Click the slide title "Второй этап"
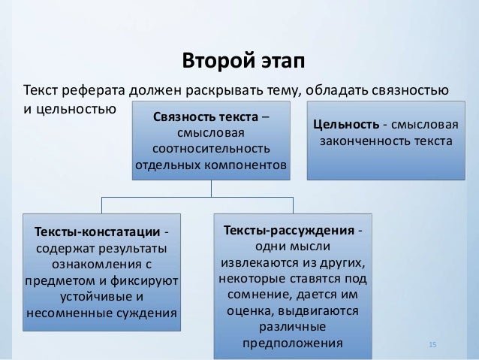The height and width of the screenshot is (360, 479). point(239,59)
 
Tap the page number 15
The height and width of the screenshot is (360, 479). point(432,344)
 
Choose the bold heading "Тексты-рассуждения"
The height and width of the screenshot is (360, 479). point(287,229)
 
